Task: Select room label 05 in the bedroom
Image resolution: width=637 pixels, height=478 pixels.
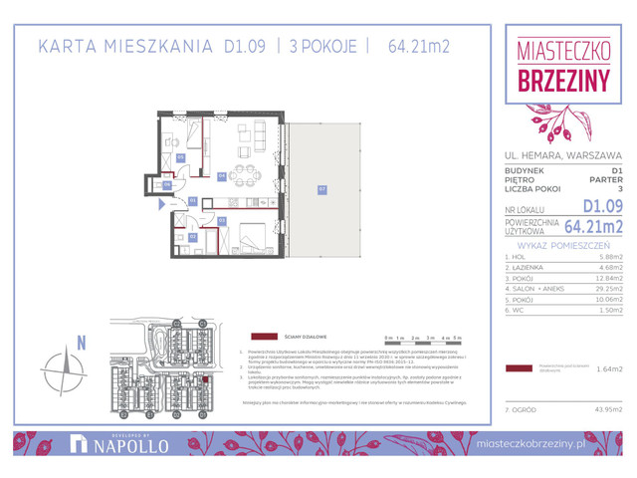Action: coord(222,219)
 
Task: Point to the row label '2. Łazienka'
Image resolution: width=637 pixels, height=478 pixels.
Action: coord(526,266)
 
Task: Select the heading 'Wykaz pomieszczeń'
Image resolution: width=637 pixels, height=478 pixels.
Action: coord(563,243)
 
